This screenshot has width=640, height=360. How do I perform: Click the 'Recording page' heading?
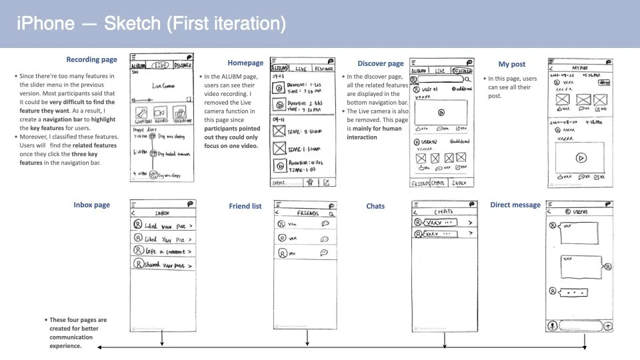(91, 59)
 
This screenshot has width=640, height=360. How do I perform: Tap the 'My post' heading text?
(512, 64)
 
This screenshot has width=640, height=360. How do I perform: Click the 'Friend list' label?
(245, 206)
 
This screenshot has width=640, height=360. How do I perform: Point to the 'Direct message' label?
(515, 205)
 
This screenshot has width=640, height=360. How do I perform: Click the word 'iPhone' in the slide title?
(45, 24)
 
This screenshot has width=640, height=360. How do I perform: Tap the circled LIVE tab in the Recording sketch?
(161, 65)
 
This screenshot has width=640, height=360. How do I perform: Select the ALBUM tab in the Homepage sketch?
(280, 69)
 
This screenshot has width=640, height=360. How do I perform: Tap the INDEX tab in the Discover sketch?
(459, 182)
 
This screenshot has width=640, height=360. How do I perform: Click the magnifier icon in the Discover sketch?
(468, 79)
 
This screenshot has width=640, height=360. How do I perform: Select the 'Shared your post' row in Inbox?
(163, 265)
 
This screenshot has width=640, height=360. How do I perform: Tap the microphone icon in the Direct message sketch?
(553, 326)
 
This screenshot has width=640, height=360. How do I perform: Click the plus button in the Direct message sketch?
(607, 326)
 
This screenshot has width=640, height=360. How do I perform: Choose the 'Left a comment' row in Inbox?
(163, 251)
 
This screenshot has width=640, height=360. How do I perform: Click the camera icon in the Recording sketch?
(179, 113)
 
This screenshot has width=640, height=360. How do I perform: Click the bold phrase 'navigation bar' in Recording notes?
(63, 118)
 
